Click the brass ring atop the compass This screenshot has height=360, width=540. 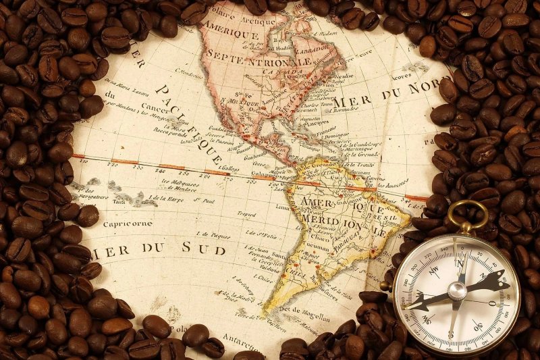click(468, 215)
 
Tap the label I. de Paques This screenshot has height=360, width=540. click(215, 236)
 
